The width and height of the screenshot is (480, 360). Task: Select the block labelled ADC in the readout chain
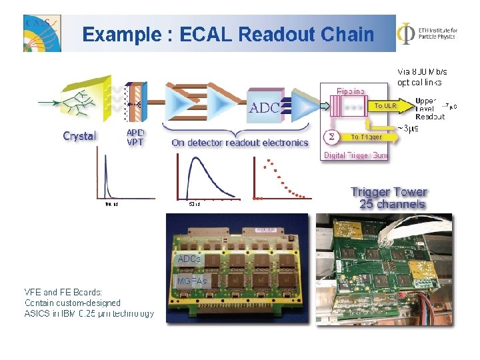pyautogui.click(x=265, y=107)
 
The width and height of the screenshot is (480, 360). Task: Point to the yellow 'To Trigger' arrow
pyautogui.click(x=367, y=137)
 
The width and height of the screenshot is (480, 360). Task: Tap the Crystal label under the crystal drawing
pyautogui.click(x=79, y=136)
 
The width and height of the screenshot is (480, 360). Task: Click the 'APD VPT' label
pyautogui.click(x=135, y=137)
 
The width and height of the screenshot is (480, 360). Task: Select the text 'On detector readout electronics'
pyautogui.click(x=239, y=142)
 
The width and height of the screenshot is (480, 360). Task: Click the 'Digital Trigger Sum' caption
pyautogui.click(x=355, y=155)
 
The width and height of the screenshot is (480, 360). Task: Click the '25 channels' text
pyautogui.click(x=392, y=204)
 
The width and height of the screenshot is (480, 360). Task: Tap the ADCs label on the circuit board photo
pyautogui.click(x=189, y=258)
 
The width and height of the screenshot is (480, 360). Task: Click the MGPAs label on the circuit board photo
pyautogui.click(x=191, y=281)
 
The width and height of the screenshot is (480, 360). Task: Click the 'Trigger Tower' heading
pyautogui.click(x=389, y=192)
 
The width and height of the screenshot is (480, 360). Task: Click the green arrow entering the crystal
pyautogui.click(x=48, y=103)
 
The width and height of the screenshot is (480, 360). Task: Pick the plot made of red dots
pyautogui.click(x=281, y=180)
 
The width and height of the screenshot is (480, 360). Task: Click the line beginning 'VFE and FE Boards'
pyautogui.click(x=63, y=291)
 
